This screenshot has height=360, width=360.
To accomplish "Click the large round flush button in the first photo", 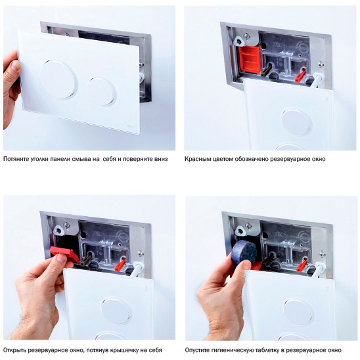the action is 58,79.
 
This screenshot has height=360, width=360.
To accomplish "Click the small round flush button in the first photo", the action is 102,92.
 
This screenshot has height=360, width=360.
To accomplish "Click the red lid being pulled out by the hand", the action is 65,254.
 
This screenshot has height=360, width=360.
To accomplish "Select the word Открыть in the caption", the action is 14,350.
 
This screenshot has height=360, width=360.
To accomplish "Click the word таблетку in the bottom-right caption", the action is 265,350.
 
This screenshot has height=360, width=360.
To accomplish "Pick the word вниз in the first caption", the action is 161,159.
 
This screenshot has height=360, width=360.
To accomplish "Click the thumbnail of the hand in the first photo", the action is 16,66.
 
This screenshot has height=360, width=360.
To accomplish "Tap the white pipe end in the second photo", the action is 317,80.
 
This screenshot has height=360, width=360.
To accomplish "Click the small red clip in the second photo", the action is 300,75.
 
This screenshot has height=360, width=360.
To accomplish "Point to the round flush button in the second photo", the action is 296,122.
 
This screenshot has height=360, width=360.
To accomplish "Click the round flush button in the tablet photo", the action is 298,312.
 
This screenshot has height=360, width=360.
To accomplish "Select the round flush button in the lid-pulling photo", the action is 116,311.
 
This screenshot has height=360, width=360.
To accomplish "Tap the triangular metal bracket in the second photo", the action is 238,41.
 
